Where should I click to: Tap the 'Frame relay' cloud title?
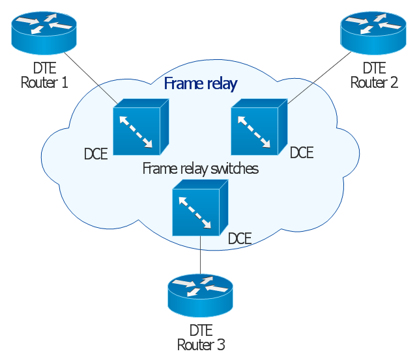pos(200,84)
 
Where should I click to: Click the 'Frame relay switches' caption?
pos(200,169)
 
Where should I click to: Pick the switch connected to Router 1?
pos(140,127)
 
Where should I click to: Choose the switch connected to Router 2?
pos(259,127)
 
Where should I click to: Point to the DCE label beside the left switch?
pos(96,154)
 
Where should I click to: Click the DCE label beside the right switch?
pos(302,153)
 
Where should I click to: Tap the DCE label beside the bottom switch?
pos(240,238)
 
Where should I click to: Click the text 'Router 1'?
pos(44,83)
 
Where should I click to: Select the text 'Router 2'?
pos(374,83)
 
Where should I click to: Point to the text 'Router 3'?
pos(201,344)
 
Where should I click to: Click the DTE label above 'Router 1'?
pos(44,68)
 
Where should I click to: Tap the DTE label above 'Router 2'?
pos(374,68)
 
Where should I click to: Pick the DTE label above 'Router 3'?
pos(201,330)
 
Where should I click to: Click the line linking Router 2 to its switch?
pos(319,77)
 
